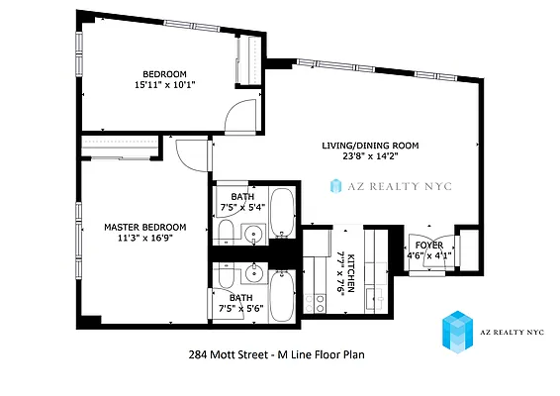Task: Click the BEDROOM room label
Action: [164, 74]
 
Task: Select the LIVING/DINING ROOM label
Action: [370, 146]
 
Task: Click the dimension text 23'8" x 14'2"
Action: [370, 156]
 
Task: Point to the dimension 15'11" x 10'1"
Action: [164, 85]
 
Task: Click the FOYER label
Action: [428, 245]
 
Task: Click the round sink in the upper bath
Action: [253, 236]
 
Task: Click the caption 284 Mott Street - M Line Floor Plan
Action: [279, 353]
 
